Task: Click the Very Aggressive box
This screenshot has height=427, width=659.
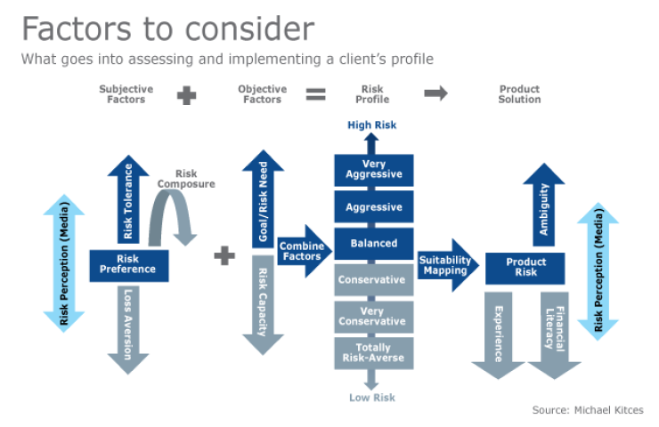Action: (x=374, y=169)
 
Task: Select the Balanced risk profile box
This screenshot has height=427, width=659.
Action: (x=374, y=243)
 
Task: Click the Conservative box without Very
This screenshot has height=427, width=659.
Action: (x=374, y=279)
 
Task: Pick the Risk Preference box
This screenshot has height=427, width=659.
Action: (x=128, y=264)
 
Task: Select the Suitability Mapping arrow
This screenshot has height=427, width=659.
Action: (x=445, y=264)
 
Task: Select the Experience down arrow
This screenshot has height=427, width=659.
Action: (x=499, y=334)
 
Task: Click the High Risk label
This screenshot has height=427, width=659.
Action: (x=372, y=125)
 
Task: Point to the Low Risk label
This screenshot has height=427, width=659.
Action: (x=372, y=398)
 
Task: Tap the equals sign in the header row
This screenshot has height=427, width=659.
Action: (x=315, y=94)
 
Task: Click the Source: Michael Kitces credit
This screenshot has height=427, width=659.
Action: (x=588, y=410)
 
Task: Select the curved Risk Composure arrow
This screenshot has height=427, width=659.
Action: (x=175, y=213)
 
